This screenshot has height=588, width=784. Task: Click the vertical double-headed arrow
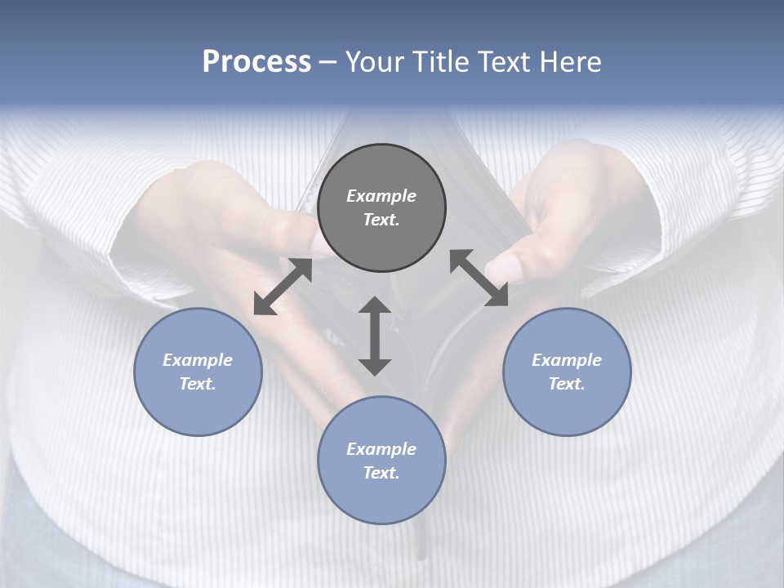[x=375, y=336]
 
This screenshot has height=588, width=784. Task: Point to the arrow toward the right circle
[x=479, y=278]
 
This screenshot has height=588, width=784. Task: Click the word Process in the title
[x=256, y=61]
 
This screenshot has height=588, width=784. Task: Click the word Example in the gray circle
[x=381, y=196]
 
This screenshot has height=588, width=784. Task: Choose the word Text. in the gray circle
[x=381, y=220]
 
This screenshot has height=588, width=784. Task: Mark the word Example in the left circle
[x=198, y=360]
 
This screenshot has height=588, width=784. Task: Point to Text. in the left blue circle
[x=198, y=384]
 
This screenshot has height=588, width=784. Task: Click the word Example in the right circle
[x=567, y=360]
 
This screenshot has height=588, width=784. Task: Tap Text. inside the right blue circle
[x=567, y=384]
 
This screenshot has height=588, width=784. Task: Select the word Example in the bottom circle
[x=381, y=449]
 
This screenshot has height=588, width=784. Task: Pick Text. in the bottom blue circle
[x=381, y=473]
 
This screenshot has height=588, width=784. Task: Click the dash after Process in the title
[x=328, y=62]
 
